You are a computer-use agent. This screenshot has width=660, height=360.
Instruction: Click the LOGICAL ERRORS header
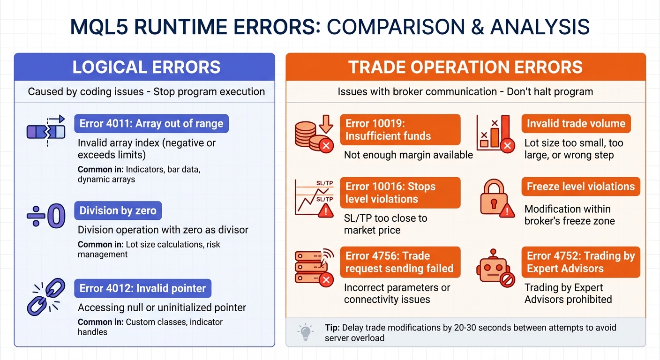[146, 67]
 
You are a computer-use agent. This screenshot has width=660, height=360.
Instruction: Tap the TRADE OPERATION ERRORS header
[465, 67]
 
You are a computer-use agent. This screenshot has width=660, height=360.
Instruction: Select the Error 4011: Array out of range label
[151, 124]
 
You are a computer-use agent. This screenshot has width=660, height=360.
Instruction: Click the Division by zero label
[118, 211]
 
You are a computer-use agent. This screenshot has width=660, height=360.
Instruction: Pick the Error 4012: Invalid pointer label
[142, 288]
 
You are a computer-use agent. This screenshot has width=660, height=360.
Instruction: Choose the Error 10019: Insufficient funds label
[400, 130]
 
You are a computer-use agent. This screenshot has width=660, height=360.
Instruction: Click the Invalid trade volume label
[576, 124]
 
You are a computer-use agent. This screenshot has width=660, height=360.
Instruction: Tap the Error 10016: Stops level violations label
[400, 193]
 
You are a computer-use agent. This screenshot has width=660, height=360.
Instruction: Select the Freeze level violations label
[580, 187]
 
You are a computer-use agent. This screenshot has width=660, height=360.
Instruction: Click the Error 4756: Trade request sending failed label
[400, 262]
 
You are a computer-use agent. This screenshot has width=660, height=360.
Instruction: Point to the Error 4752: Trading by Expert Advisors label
[580, 262]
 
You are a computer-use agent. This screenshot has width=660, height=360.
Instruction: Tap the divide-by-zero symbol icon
[46, 217]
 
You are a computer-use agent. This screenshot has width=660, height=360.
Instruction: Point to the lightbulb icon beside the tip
[305, 332]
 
